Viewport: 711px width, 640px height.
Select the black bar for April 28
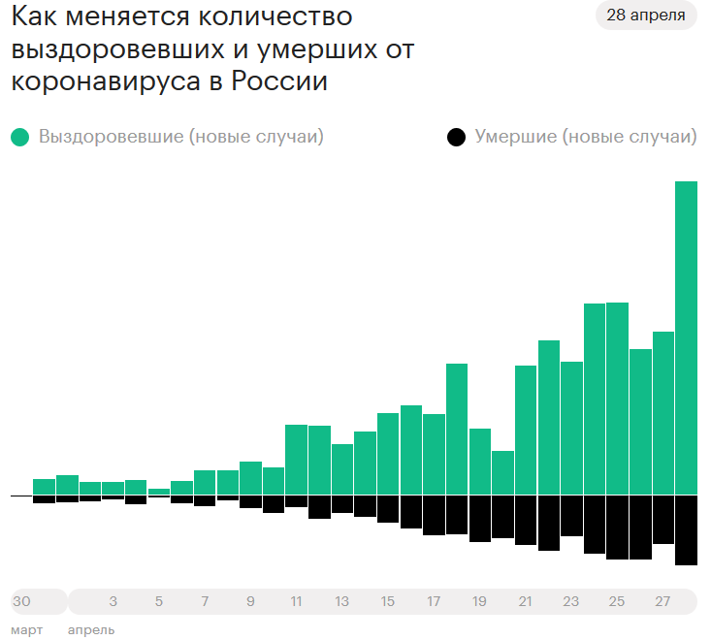[686, 529]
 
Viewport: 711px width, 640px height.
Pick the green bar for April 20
[502, 472]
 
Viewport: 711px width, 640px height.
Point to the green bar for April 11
[296, 460]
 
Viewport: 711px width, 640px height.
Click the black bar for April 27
[663, 519]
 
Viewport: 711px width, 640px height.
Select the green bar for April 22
[549, 417]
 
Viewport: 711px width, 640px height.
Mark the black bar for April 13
[342, 504]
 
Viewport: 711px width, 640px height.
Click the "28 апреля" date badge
[645, 16]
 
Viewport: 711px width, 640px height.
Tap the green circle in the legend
[20, 138]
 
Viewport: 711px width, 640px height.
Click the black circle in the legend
[457, 138]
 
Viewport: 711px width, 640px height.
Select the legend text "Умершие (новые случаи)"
[586, 137]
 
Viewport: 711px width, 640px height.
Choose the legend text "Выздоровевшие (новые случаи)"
[181, 137]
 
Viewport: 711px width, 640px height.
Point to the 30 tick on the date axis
[21, 602]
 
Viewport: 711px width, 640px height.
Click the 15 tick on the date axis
[388, 602]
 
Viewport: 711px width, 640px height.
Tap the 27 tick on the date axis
[663, 602]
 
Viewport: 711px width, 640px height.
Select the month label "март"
[27, 630]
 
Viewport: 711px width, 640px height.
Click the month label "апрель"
[91, 630]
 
